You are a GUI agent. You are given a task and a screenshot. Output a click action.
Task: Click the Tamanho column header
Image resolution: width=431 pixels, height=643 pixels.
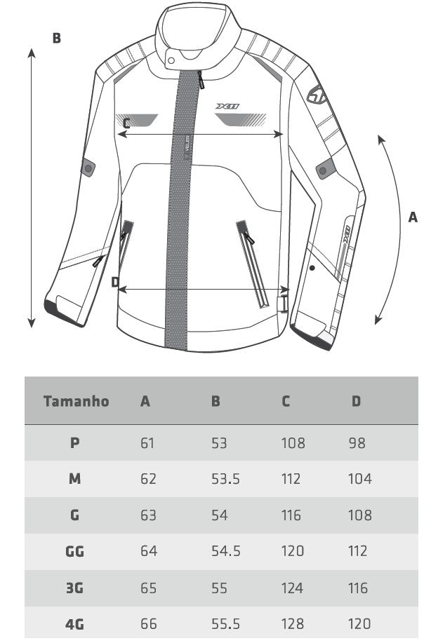(x=76, y=401)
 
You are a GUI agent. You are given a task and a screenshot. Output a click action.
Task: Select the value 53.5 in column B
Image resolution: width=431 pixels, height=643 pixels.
(x=225, y=479)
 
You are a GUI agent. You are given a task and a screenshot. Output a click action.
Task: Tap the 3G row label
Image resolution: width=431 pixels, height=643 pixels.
(x=74, y=588)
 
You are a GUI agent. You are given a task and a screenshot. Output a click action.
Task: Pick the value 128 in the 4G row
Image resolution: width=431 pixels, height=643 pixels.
(x=293, y=624)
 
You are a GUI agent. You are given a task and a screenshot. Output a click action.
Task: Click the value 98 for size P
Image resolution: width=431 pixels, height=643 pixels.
(x=357, y=443)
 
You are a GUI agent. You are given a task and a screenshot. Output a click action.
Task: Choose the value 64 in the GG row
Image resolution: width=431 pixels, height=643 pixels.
(x=149, y=550)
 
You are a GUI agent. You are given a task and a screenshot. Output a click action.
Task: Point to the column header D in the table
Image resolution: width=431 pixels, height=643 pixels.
(x=356, y=401)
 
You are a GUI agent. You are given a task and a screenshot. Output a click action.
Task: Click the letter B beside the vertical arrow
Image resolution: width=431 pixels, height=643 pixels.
(x=57, y=38)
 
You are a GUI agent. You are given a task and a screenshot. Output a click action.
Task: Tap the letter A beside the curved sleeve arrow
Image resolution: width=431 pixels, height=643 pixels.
(x=413, y=217)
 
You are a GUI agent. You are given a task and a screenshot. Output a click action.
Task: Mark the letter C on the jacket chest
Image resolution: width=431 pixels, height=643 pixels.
(x=126, y=123)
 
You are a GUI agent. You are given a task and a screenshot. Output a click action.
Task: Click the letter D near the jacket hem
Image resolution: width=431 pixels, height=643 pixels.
(x=115, y=282)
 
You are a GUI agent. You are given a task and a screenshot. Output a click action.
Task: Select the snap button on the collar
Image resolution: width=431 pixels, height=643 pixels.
(x=171, y=61)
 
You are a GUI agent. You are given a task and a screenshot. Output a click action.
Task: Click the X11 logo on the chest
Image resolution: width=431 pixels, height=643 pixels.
(x=227, y=106)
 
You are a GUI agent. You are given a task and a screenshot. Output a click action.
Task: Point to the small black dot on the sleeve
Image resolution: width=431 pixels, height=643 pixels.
(x=312, y=268)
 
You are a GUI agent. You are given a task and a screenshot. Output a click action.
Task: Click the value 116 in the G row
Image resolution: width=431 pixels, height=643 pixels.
(x=291, y=515)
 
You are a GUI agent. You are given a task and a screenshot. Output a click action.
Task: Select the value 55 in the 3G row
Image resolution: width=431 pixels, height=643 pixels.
(x=219, y=588)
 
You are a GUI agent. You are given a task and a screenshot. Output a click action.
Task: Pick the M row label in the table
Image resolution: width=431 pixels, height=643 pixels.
(x=74, y=478)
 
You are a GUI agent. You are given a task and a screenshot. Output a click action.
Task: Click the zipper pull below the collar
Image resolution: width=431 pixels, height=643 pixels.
(x=201, y=80)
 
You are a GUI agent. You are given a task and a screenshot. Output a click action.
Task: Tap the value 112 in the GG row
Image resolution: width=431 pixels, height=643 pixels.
(x=357, y=550)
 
